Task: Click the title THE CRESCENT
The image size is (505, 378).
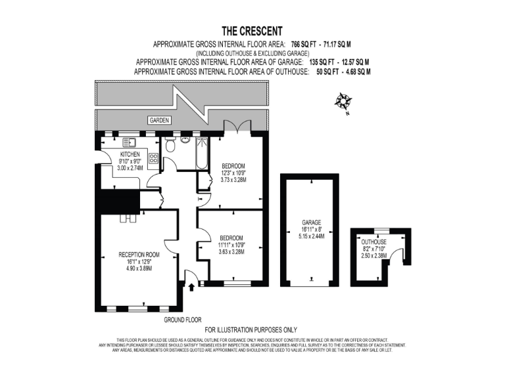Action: pos(252,31)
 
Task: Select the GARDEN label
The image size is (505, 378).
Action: pos(159,121)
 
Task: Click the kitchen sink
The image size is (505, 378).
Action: pos(130,142)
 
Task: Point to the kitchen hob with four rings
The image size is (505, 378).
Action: pos(153,157)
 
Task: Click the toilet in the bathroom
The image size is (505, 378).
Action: pos(171,145)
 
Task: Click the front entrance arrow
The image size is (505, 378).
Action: pos(191,286)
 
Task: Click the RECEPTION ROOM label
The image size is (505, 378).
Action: pos(139,255)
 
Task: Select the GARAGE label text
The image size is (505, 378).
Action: pos(311,222)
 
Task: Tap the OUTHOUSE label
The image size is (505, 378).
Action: pos(374,242)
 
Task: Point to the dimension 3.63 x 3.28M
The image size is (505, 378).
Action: pos(231,252)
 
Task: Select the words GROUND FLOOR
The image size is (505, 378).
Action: pos(182,320)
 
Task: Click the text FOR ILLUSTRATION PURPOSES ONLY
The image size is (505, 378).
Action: pos(251,329)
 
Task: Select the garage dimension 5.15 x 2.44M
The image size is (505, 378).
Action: pos(311,236)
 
